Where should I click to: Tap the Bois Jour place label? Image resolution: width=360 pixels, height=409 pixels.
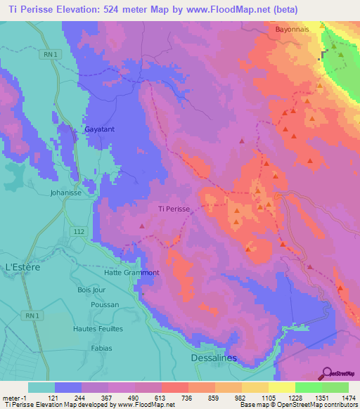(91, 290)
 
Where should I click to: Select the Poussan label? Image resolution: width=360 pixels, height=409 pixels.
(105, 305)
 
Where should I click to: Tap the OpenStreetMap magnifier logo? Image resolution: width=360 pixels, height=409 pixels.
(326, 373)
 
